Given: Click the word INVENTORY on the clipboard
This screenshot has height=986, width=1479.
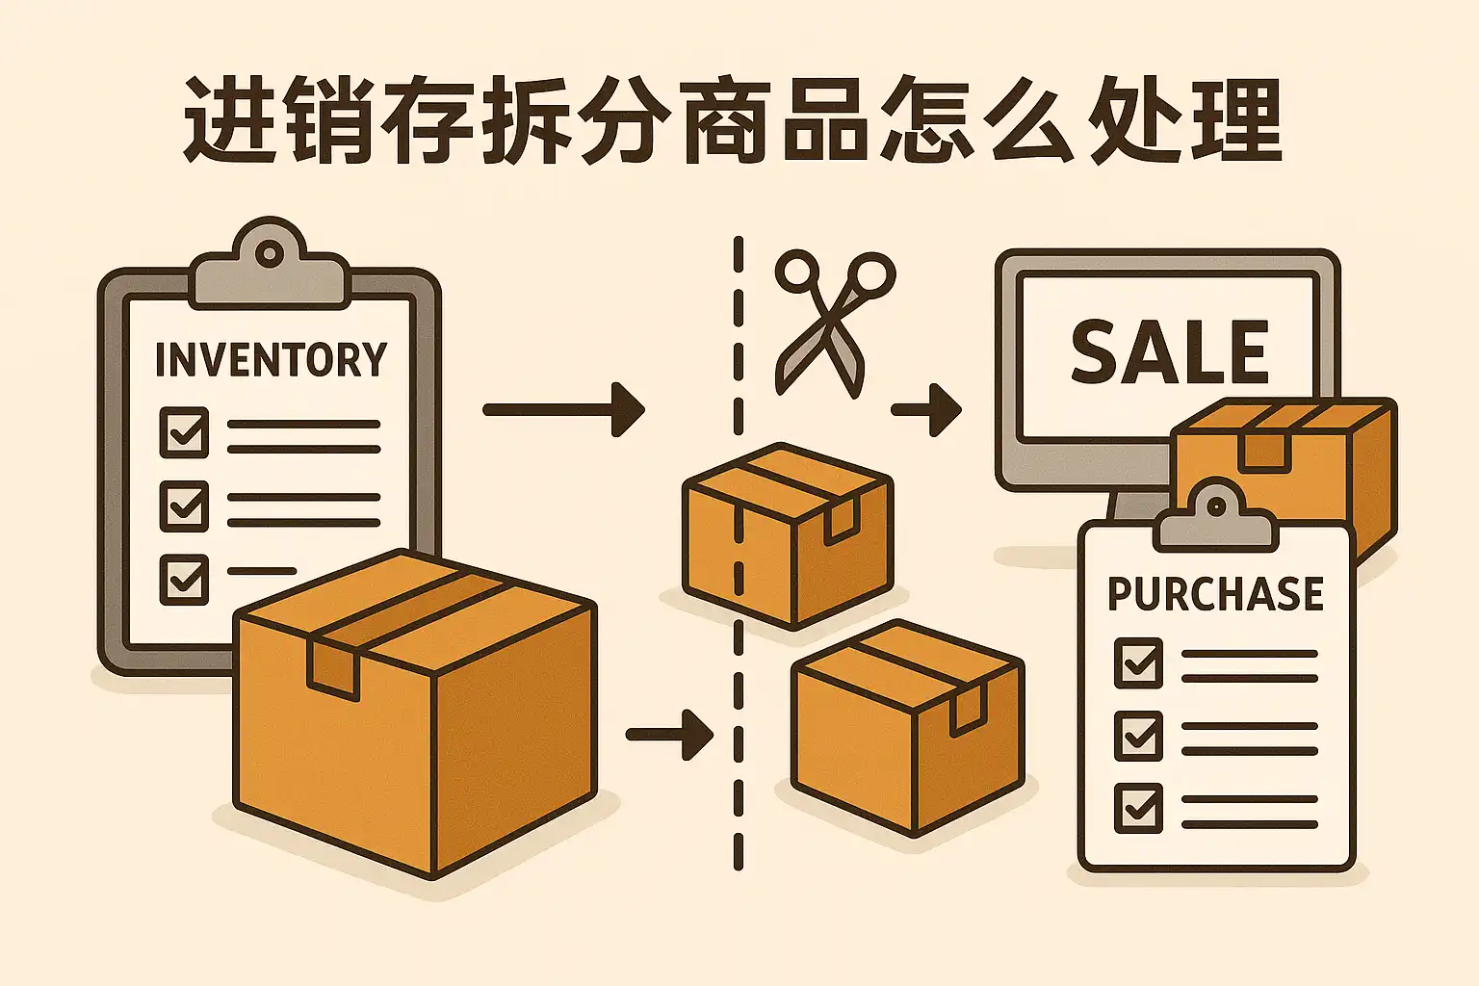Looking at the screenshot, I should pos(271,359).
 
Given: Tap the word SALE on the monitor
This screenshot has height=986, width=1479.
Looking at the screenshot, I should pos(1170,351).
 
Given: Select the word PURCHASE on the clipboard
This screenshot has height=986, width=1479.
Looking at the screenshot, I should pos(1215,593).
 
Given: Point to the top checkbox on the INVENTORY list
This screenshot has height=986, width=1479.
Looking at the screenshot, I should pos(184,430).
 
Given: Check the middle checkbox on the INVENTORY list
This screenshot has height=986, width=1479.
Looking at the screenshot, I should pos(184,505).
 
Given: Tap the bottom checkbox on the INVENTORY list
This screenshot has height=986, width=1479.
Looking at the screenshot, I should pos(184,578).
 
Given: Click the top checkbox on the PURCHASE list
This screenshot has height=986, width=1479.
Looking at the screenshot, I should pos(1138,662).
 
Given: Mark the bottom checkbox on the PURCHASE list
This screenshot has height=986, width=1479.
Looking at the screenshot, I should pos(1138,807).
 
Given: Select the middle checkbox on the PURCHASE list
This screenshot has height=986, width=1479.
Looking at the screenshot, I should pos(1138,735).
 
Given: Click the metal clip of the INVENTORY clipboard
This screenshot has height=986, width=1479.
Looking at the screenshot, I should pos(270,265).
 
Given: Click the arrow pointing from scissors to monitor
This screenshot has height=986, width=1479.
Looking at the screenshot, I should pos(926,410).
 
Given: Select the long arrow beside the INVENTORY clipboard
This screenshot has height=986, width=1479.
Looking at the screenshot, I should pos(563,410).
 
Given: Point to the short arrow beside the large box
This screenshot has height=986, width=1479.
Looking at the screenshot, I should pos(669,735).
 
